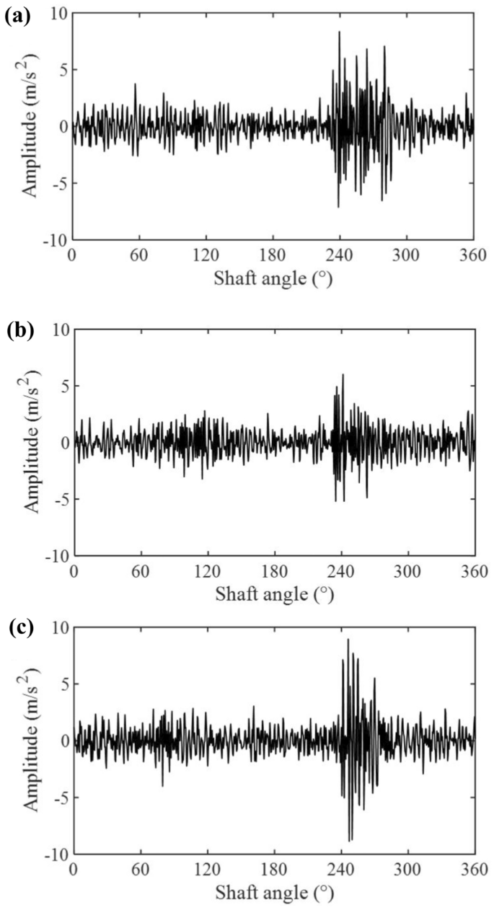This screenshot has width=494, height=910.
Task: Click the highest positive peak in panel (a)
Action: pyautogui.click(x=339, y=32)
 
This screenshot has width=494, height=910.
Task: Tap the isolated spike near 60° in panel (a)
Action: pyautogui.click(x=135, y=84)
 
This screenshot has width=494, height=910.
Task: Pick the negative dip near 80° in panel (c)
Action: pyautogui.click(x=162, y=785)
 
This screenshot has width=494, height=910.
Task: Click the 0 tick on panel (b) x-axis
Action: pyautogui.click(x=74, y=571)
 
